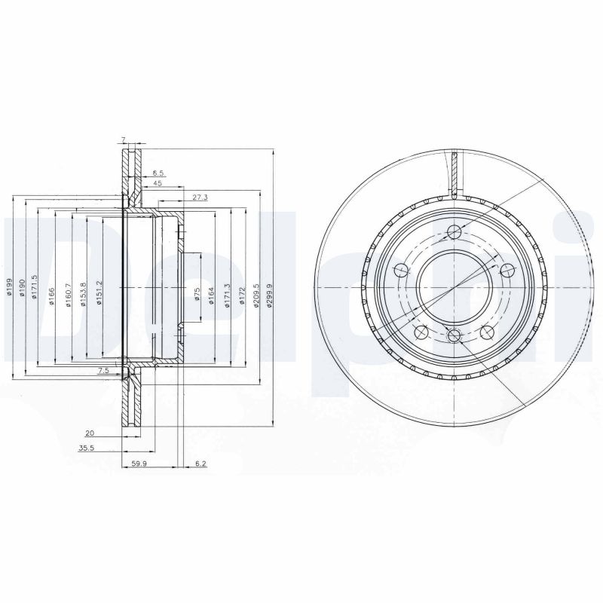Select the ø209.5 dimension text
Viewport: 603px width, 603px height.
pos(257,290)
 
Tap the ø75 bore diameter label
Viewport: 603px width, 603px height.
pos(197,294)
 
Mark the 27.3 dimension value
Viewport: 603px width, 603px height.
pos(200,197)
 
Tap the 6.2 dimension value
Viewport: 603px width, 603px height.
pos(200,464)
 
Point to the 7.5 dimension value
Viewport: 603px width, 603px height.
pos(103,371)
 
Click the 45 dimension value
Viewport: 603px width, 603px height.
pos(158,182)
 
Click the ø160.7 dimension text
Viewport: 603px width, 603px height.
pos(68,292)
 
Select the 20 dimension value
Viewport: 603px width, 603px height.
pos(90,433)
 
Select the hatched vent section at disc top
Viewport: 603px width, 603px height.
pos(455,172)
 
